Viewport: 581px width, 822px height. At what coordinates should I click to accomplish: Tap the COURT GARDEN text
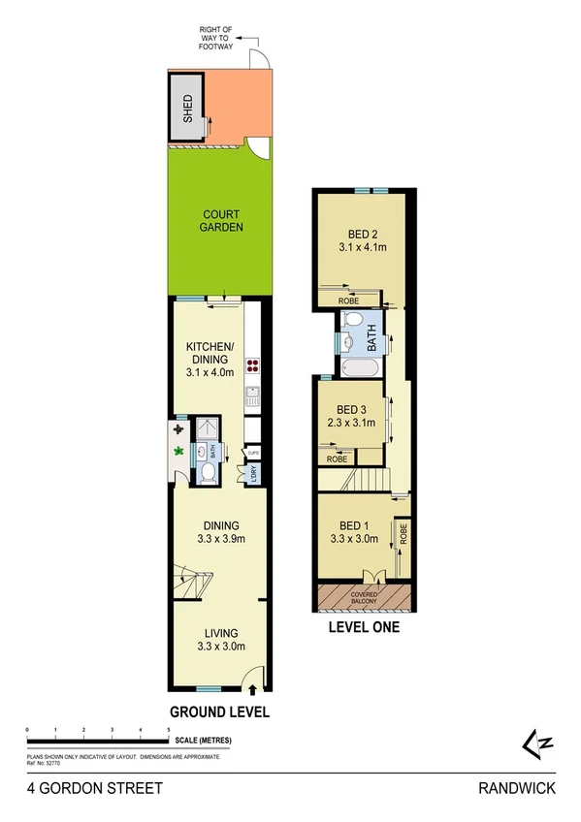[222, 221]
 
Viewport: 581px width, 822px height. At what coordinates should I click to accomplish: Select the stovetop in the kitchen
[253, 365]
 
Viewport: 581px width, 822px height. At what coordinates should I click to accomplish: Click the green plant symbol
[178, 451]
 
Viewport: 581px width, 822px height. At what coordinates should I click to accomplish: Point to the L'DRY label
[254, 473]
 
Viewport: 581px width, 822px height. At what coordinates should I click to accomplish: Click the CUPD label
[252, 452]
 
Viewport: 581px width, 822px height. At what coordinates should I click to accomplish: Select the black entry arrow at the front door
[253, 690]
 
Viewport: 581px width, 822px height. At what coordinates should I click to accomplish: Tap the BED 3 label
[346, 410]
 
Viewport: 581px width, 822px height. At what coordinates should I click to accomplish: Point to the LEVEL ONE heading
[365, 627]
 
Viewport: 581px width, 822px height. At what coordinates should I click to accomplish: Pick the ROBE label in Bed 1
[403, 533]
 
